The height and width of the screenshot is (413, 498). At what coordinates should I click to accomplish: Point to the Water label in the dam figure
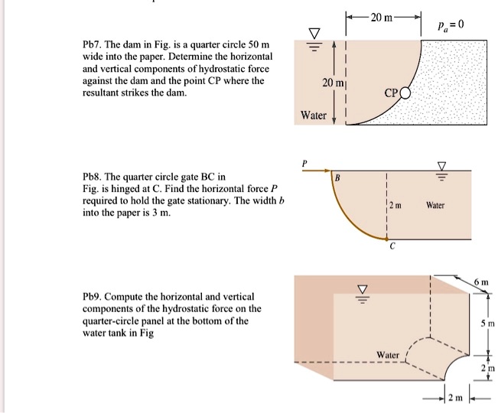click(314, 115)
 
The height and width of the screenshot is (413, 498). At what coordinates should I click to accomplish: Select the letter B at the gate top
click(337, 178)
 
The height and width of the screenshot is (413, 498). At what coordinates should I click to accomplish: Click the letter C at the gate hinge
click(392, 247)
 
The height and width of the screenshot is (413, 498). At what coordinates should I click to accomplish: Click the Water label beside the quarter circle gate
click(435, 205)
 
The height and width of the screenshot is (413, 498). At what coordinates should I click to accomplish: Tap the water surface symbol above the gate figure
click(441, 167)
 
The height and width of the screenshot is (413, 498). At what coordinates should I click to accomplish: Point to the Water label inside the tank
click(389, 355)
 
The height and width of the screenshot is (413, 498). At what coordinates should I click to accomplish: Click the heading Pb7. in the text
click(95, 44)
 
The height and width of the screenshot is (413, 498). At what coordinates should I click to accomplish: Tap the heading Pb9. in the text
click(95, 296)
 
